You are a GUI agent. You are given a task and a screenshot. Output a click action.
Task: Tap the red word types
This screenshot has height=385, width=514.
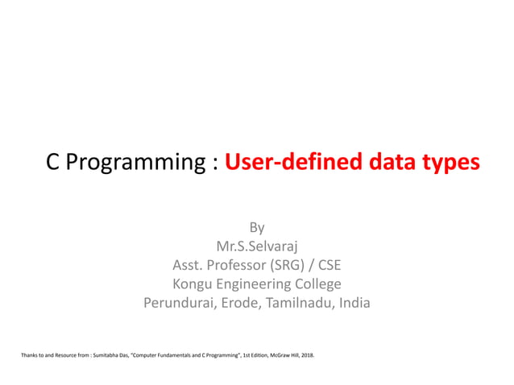[x=447, y=163]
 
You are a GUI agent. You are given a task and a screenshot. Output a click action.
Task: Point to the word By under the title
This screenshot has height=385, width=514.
[x=256, y=227]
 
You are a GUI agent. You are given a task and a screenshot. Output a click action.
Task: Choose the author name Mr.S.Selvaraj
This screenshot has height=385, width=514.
[x=256, y=246]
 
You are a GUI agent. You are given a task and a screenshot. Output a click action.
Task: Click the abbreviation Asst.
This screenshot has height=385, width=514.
[x=189, y=265]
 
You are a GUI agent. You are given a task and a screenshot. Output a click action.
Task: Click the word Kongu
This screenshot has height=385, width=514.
[x=193, y=284]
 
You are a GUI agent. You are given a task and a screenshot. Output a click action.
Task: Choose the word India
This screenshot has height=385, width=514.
[x=352, y=304]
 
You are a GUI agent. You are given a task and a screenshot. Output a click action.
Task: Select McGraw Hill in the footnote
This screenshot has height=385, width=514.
[x=277, y=354]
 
